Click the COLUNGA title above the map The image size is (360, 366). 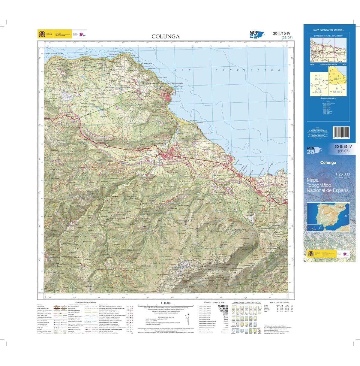pyautogui.click(x=166, y=37)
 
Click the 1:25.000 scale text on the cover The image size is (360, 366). pyautogui.click(x=341, y=174)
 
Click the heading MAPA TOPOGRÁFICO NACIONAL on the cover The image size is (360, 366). pyautogui.click(x=328, y=30)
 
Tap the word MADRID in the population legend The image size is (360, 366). pyautogui.click(x=222, y=306)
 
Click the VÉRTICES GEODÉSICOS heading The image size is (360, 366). pyautogui.click(x=279, y=302)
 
